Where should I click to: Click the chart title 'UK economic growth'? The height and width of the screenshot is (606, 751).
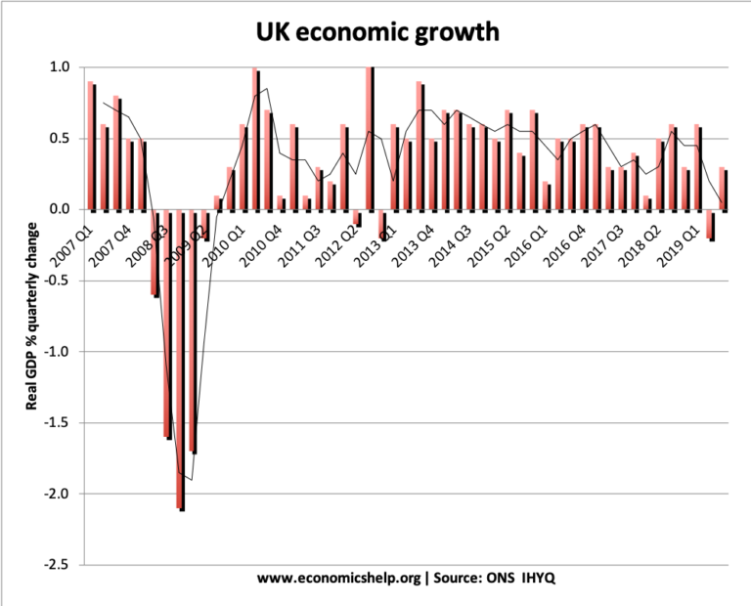click(376, 32)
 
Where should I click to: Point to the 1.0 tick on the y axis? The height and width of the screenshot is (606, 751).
click(59, 67)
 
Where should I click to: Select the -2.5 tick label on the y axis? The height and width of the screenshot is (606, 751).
click(56, 565)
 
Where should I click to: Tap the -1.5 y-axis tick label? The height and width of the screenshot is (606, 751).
click(56, 423)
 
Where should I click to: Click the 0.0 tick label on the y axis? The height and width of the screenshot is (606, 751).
click(59, 209)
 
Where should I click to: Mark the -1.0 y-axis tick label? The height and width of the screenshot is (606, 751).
click(56, 352)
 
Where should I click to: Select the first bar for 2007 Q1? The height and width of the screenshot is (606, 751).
click(91, 146)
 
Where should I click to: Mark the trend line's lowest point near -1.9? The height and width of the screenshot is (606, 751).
click(192, 480)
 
